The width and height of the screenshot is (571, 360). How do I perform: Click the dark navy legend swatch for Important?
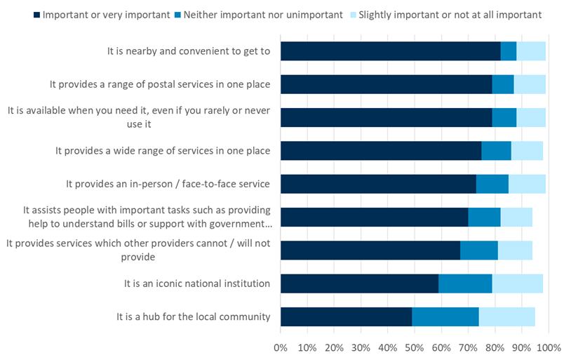pos(35,14)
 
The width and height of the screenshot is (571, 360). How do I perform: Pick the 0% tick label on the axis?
pos(281,348)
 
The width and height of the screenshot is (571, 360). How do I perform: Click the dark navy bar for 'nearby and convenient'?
pos(390,51)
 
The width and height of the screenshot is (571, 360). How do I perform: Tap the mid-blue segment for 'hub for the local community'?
pos(445,317)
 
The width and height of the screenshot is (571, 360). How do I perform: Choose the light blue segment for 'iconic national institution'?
pos(517,284)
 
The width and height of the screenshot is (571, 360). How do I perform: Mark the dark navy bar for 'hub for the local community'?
pos(346,317)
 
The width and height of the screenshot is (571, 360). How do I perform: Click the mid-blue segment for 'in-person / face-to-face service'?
pos(492,184)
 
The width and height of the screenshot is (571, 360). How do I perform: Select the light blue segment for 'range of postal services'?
pos(529,84)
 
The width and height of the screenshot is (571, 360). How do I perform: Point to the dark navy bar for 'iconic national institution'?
pos(359,284)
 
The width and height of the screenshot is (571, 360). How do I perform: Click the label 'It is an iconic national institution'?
pos(197,284)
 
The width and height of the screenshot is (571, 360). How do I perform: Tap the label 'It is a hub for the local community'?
pos(194,317)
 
